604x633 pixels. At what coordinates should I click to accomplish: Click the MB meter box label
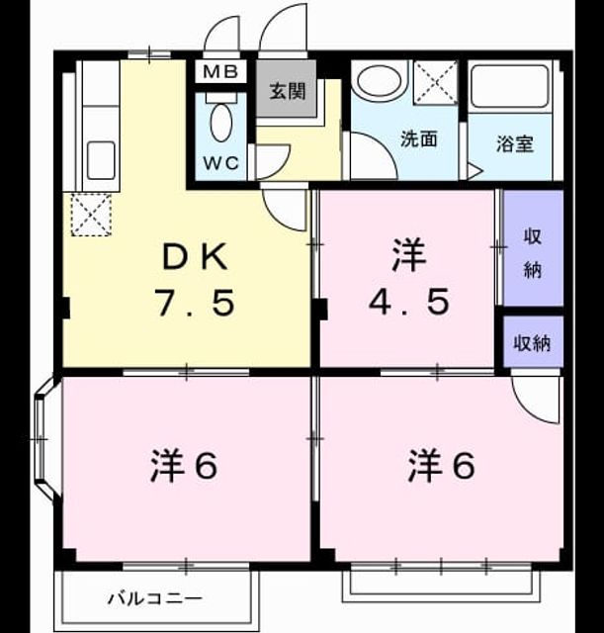tap(220, 72)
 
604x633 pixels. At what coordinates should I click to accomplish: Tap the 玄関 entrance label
tap(288, 91)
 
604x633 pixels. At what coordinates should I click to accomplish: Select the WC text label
tap(221, 163)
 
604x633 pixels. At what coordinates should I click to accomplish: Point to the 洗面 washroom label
tap(419, 138)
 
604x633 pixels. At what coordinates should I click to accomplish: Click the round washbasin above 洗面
tap(380, 81)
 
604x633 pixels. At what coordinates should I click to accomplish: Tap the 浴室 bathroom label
tap(514, 143)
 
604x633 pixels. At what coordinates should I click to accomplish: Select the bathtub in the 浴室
tap(510, 88)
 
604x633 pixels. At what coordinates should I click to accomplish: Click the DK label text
tap(195, 257)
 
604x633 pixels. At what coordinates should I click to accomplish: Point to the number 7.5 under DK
tap(196, 303)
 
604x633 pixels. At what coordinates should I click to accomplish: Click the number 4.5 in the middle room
tap(408, 303)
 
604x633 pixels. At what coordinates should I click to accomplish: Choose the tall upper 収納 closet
tap(533, 248)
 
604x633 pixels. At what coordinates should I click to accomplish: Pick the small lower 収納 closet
tap(533, 341)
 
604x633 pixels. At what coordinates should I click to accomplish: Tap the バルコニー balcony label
tap(155, 597)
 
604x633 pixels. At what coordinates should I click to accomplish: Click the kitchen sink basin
tap(101, 160)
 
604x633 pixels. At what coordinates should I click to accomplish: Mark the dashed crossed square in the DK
tap(91, 215)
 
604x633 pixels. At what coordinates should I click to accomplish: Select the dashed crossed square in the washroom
tap(436, 82)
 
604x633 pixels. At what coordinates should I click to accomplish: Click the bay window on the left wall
tap(43, 438)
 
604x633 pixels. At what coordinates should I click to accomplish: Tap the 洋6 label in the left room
tap(184, 466)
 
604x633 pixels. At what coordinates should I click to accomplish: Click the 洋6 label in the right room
tap(441, 466)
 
